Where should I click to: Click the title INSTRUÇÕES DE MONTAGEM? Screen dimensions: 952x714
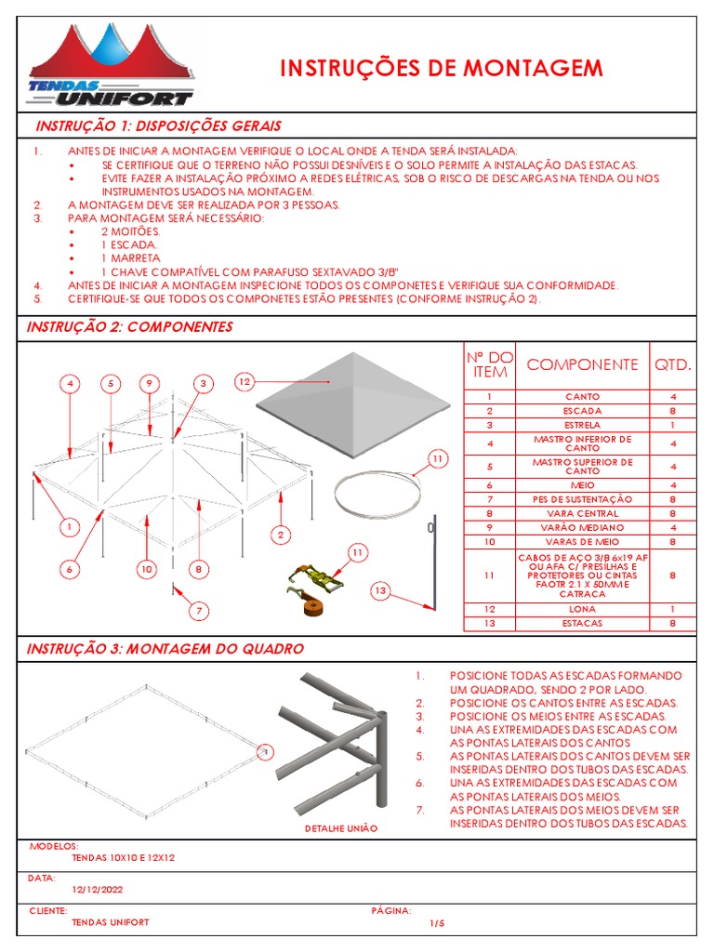[x=442, y=68]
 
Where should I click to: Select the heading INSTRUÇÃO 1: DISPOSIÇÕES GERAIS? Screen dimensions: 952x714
[x=158, y=126]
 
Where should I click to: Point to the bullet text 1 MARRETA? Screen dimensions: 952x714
[x=130, y=258]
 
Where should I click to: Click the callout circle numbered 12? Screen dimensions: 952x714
[x=244, y=381]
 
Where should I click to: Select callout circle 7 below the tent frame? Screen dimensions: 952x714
[x=199, y=611]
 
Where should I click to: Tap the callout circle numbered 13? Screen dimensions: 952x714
[x=379, y=590]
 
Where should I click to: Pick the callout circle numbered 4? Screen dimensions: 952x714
[x=70, y=383]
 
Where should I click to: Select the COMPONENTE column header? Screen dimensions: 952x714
[x=582, y=364]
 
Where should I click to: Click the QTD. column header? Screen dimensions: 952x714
[x=673, y=364]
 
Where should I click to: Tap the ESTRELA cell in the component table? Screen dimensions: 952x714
[x=582, y=424]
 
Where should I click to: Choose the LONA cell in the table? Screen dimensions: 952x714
[x=582, y=609]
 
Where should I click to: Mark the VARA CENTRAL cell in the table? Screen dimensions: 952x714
[x=582, y=512]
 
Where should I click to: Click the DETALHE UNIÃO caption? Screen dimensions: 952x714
[x=342, y=827]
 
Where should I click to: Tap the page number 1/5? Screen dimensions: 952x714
[x=438, y=922]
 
